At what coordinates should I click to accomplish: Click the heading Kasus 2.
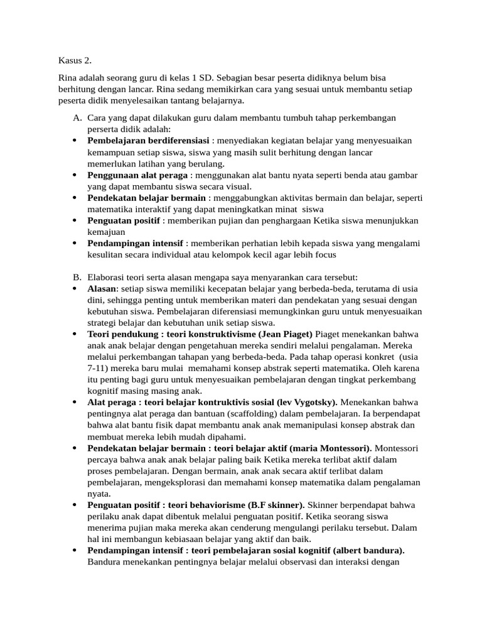pos(75,60)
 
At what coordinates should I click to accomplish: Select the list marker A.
pos(77,118)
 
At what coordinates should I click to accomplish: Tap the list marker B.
pos(77,277)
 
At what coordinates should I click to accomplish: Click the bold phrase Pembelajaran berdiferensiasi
pos(148,141)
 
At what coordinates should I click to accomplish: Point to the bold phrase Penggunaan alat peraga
pos(137,175)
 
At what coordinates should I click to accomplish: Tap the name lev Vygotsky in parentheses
pos(303,402)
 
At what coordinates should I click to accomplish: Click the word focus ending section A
pos(323,255)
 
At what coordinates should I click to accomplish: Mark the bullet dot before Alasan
pos(75,289)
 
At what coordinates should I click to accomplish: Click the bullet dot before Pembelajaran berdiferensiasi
pos(75,141)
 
